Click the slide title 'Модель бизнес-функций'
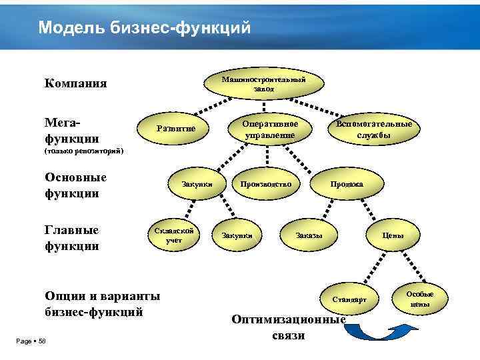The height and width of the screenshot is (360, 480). pyautogui.click(x=145, y=27)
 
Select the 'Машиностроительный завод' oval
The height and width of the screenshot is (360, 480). pyautogui.click(x=263, y=84)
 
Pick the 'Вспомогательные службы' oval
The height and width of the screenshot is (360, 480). pyautogui.click(x=374, y=129)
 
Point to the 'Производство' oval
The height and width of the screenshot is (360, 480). pyautogui.click(x=265, y=183)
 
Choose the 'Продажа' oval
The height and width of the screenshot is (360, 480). pyautogui.click(x=347, y=183)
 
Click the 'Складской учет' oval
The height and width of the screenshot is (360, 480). pyautogui.click(x=174, y=235)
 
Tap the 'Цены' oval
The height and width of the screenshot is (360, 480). pyautogui.click(x=393, y=235)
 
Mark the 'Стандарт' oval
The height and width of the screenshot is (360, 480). pyautogui.click(x=349, y=299)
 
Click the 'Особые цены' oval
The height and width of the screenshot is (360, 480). pyautogui.click(x=420, y=299)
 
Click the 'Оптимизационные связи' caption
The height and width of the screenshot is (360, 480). pyautogui.click(x=288, y=327)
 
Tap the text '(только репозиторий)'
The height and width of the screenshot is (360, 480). pyautogui.click(x=84, y=151)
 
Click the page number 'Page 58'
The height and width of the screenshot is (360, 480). pyautogui.click(x=30, y=341)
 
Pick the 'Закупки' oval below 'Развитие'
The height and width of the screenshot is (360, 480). pyautogui.click(x=197, y=183)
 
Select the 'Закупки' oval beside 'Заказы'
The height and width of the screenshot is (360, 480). pyautogui.click(x=237, y=235)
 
